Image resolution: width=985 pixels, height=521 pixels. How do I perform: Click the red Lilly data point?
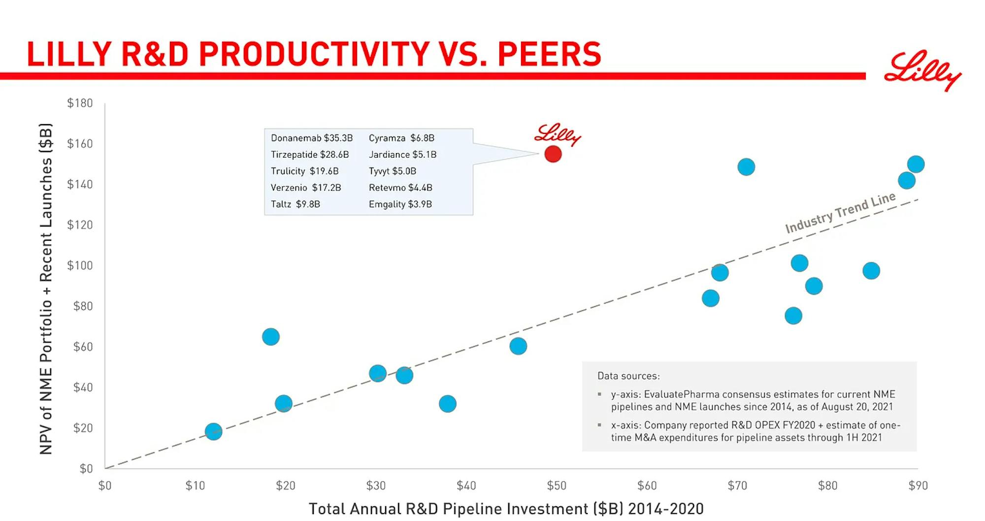[553, 154]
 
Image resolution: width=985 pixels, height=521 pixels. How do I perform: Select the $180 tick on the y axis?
[80, 103]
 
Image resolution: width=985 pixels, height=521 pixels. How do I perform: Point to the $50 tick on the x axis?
[557, 486]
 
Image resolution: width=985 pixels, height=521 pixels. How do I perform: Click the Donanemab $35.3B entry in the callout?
[312, 138]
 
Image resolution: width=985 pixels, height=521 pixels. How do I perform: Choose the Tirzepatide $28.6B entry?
[310, 155]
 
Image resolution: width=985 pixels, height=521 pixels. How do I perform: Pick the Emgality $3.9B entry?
[400, 204]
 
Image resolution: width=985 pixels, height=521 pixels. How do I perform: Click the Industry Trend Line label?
[840, 212]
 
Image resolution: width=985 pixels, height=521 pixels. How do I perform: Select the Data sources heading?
[628, 376]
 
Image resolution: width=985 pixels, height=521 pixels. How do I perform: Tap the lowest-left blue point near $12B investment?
[213, 431]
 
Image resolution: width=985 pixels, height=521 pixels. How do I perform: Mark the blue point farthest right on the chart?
[916, 164]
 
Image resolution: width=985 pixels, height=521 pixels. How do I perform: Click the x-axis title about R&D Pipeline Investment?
[506, 509]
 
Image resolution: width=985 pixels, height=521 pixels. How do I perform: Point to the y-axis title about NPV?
[46, 289]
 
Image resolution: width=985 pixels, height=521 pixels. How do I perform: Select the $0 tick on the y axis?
[86, 468]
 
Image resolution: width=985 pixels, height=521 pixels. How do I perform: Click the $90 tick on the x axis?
[918, 486]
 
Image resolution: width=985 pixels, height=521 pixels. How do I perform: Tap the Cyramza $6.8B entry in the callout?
[401, 138]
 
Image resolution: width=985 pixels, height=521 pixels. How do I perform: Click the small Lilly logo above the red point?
[558, 134]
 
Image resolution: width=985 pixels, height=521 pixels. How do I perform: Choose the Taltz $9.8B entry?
[295, 204]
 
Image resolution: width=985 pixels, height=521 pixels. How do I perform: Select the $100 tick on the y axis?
[80, 265]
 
